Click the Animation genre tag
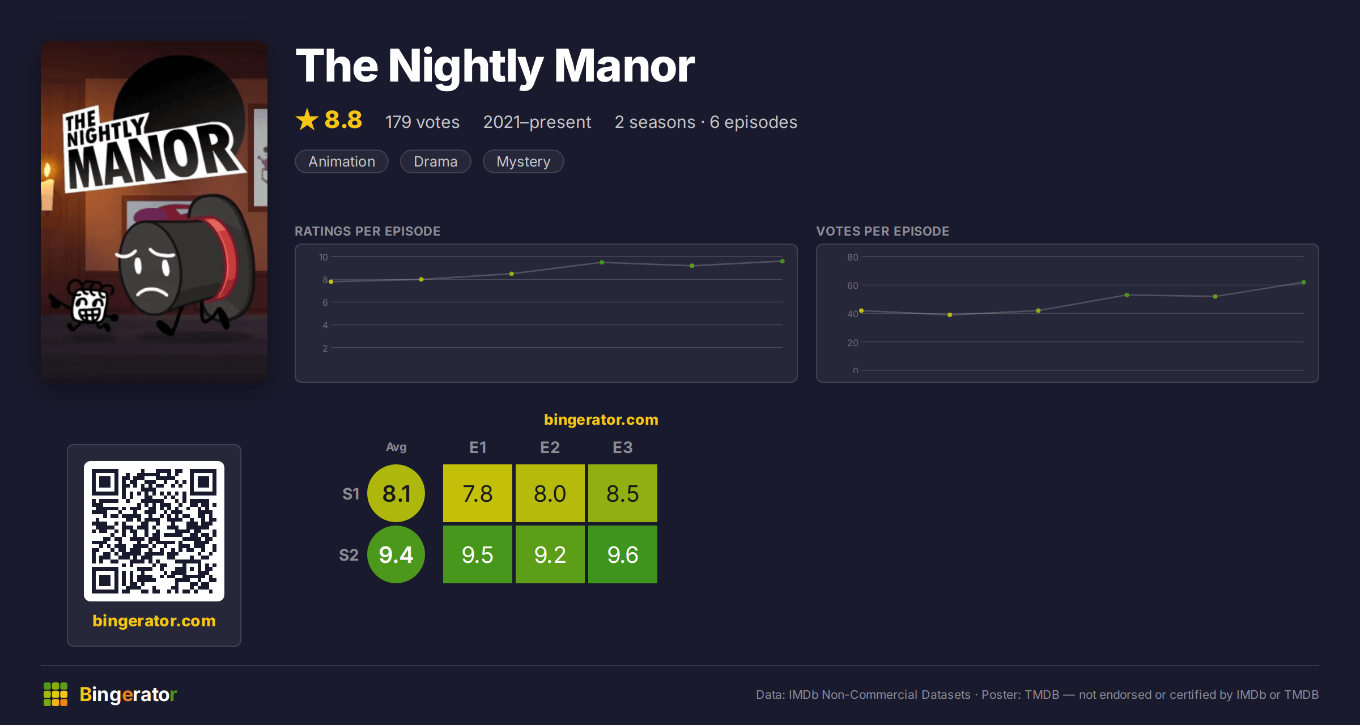[342, 161]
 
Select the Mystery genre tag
[523, 161]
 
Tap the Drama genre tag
[435, 161]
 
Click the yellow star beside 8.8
[307, 119]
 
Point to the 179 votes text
[422, 122]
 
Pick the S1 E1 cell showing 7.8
[478, 493]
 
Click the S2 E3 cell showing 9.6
[623, 554]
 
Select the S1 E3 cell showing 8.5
[623, 493]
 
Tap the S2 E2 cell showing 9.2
[550, 554]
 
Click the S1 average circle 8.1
[396, 493]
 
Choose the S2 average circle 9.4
[396, 554]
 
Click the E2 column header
[550, 447]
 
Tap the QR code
[154, 531]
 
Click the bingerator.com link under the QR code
[154, 621]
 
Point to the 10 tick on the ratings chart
[324, 257]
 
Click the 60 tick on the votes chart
[853, 285]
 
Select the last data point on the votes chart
[1304, 282]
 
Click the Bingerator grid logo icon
[56, 694]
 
